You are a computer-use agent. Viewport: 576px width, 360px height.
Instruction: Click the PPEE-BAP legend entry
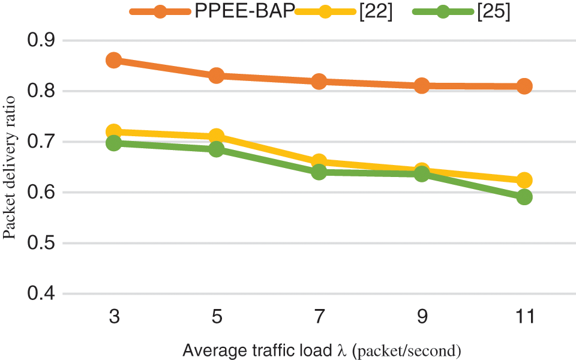(244, 12)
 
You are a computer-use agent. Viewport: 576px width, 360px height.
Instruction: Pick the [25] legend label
(493, 12)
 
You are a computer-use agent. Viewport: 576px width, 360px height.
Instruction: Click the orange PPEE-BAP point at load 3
(114, 60)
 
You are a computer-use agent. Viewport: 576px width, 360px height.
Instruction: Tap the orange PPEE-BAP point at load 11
(524, 86)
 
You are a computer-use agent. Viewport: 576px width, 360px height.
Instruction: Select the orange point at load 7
(319, 81)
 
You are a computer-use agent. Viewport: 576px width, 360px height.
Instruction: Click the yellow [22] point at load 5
(217, 137)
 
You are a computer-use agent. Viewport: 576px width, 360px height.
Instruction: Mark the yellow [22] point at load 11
(524, 180)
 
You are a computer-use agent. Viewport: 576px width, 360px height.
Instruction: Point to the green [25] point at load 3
(114, 143)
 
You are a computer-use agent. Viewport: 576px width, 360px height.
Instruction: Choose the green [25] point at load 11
(524, 197)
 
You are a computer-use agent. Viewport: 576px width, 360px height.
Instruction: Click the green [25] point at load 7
(319, 172)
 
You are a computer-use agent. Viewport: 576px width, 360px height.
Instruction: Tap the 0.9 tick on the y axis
(41, 41)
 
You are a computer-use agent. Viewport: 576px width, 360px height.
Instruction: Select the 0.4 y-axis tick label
(41, 294)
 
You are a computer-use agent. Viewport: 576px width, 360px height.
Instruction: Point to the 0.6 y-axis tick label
(41, 193)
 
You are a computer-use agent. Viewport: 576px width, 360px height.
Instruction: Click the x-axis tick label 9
(422, 317)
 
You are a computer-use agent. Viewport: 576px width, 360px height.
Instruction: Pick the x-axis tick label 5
(217, 317)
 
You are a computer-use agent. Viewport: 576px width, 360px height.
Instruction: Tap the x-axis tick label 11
(524, 317)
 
